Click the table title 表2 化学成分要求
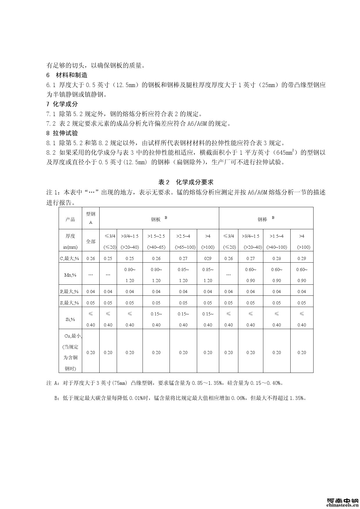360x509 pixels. (186, 182)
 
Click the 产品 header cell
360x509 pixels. (70, 219)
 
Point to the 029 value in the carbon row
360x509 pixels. (208, 258)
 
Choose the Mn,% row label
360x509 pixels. (70, 275)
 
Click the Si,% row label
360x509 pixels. (70, 319)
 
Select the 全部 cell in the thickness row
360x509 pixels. (91, 241)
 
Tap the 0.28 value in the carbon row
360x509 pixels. (277, 258)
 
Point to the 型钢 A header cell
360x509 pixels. (91, 218)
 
